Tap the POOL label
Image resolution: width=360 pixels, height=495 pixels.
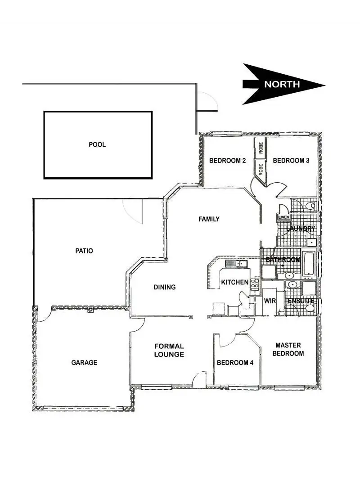click(97, 144)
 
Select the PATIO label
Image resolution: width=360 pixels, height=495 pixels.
click(84, 251)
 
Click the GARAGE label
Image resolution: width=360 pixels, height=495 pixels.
click(84, 362)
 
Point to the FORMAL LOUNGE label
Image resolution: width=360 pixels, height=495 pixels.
click(169, 350)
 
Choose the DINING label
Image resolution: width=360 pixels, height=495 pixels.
click(164, 287)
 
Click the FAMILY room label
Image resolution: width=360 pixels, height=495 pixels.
click(209, 219)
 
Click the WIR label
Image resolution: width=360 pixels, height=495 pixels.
click(270, 300)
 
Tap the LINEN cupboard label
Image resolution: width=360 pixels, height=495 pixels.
click(283, 217)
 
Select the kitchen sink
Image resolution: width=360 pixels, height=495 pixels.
click(236, 264)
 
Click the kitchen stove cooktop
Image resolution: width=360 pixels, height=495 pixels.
click(255, 283)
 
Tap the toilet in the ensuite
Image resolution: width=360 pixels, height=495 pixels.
click(309, 308)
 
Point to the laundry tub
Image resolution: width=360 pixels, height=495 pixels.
click(311, 242)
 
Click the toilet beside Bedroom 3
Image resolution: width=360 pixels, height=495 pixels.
click(309, 206)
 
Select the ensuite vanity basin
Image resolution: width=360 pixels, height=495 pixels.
click(292, 285)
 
